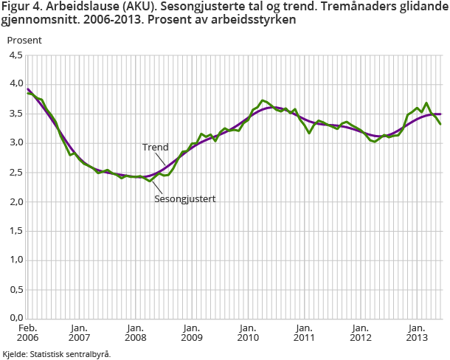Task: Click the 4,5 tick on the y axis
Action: click(x=14, y=55)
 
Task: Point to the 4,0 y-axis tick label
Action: click(x=14, y=84)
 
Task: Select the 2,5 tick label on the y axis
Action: click(x=14, y=173)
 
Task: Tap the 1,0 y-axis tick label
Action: click(x=14, y=260)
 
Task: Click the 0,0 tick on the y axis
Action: click(x=14, y=319)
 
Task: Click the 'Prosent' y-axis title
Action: click(x=25, y=40)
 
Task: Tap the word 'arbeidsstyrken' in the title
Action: click(x=255, y=21)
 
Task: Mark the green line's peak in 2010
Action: click(x=263, y=100)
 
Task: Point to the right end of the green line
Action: click(x=441, y=124)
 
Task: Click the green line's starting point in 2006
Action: click(x=28, y=92)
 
